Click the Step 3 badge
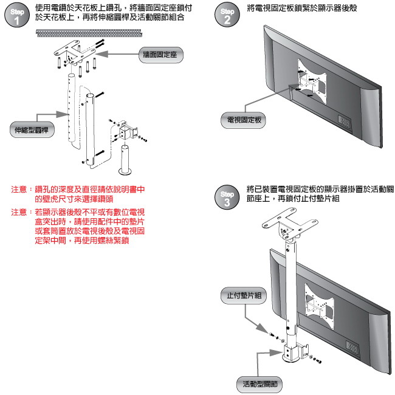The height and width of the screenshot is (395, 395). tap(227, 197)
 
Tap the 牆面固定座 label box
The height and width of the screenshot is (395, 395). tap(161, 55)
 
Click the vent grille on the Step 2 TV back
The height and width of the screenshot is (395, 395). tap(343, 121)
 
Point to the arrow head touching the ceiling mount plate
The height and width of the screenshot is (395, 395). tap(99, 54)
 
